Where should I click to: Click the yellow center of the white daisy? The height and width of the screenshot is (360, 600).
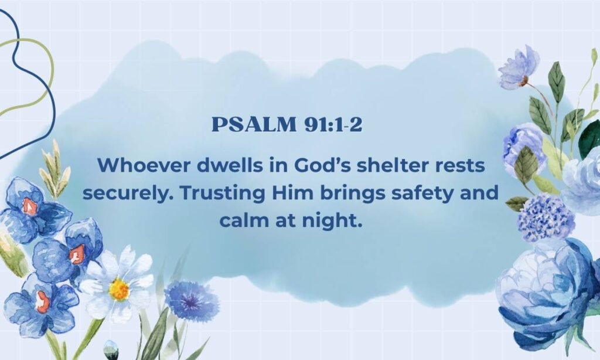point(119,289)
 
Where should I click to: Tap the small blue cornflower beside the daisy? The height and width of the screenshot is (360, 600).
point(191,301)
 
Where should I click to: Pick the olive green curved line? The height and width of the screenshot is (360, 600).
point(41,76)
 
